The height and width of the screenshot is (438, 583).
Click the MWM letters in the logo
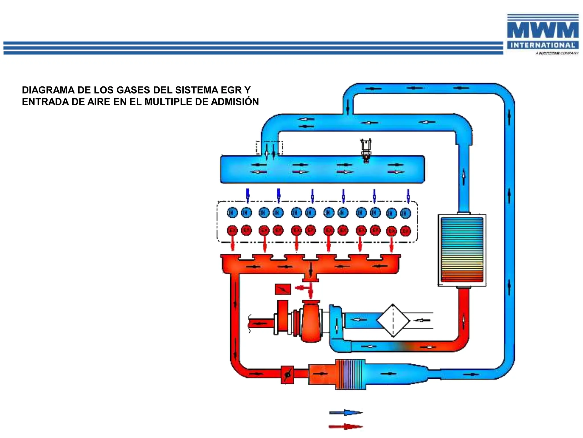pos(543,30)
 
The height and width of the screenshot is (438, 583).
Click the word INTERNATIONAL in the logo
pos(543,45)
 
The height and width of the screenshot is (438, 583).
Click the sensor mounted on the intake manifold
pos(366,150)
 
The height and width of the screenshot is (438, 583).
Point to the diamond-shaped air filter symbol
pos(393,321)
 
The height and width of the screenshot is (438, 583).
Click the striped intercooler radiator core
pos(462,250)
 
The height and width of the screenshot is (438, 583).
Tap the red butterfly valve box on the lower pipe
pos(287,374)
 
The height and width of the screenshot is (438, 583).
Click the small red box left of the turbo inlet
pos(283,289)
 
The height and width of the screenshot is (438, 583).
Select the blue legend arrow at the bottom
pos(345,412)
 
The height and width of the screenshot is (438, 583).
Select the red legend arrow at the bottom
pos(345,427)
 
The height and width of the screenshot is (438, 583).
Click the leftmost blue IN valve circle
pos(232,212)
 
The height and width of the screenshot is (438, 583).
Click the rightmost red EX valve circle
pos(405,231)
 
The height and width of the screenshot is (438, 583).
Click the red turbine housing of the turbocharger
pos(311,324)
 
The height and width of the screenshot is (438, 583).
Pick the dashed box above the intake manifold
pos(269,148)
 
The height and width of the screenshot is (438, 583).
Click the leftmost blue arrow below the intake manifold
pos(248,195)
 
